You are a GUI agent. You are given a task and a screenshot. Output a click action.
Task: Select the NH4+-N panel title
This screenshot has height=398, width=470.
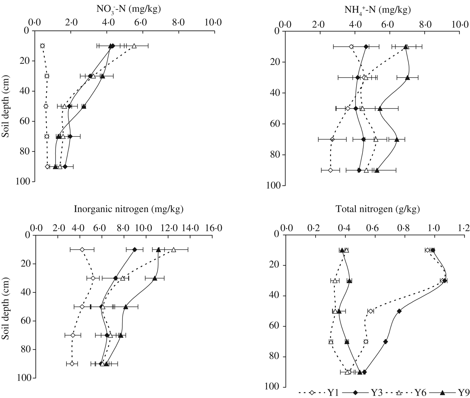(x=378, y=10)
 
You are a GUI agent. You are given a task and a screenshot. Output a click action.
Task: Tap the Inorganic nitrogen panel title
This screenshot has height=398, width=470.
(x=129, y=209)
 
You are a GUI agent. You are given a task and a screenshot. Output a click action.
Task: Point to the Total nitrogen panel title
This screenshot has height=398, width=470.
(x=378, y=209)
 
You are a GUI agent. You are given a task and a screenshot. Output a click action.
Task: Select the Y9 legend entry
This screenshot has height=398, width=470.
(x=450, y=393)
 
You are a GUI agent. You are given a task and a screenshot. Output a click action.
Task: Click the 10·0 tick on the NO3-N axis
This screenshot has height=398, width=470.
(x=214, y=23)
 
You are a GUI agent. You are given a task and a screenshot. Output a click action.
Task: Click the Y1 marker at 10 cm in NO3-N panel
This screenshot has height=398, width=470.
(x=42, y=46)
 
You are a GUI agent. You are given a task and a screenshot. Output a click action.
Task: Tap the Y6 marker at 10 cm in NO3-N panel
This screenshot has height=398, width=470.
(x=134, y=46)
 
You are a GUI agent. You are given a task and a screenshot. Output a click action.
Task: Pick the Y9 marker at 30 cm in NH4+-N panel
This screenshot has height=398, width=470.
(x=408, y=78)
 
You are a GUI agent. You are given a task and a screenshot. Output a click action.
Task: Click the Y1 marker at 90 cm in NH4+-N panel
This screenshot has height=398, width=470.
(x=330, y=170)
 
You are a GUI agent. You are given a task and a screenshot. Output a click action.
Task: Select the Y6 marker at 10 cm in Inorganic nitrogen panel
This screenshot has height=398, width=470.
(x=174, y=249)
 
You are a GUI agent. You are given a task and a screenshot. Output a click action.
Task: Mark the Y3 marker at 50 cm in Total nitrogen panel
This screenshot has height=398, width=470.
(x=399, y=311)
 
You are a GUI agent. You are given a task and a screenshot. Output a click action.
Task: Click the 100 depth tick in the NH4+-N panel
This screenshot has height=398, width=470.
(x=273, y=186)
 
